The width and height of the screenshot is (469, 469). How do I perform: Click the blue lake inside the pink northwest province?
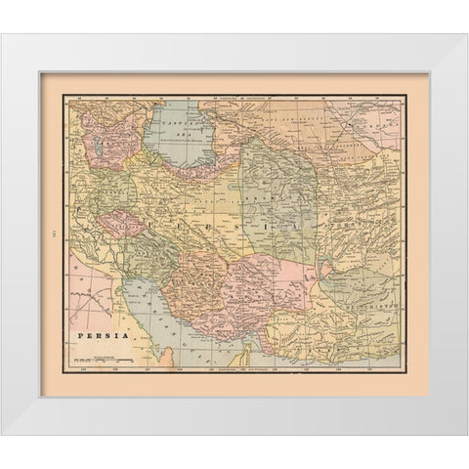point(103,149)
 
